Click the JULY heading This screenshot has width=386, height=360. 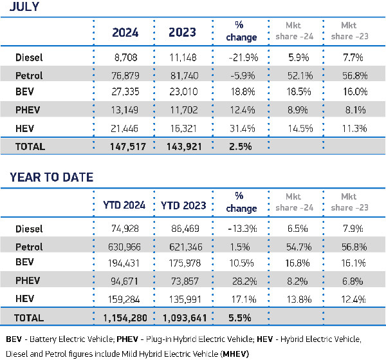pyautogui.click(x=21, y=7)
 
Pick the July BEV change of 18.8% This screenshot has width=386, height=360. pyautogui.click(x=244, y=92)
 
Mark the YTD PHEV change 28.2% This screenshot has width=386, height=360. pyautogui.click(x=244, y=281)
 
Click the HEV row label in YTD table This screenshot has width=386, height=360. pyautogui.click(x=24, y=299)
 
